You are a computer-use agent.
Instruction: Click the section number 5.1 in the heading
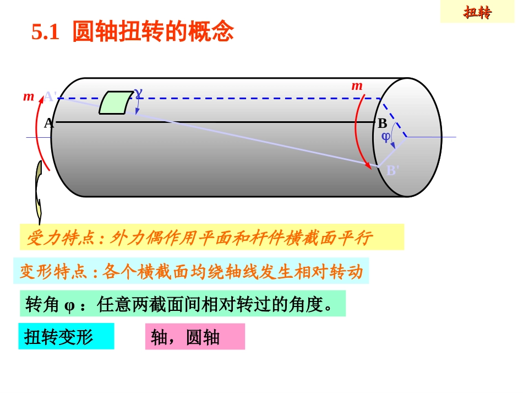click(45, 33)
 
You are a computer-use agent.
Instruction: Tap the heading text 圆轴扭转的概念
click(153, 32)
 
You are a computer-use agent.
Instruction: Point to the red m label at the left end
click(28, 97)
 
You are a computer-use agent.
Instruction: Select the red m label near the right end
click(357, 85)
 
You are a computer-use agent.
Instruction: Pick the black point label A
click(48, 122)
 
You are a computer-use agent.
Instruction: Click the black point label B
click(382, 124)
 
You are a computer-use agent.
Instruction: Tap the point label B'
click(393, 170)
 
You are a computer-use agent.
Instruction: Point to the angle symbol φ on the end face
click(386, 136)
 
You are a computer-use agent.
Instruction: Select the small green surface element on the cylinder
click(115, 103)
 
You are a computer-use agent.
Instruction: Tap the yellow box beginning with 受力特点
click(212, 237)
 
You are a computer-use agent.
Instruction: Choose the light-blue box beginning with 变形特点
click(191, 271)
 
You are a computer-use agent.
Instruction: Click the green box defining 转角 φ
click(182, 304)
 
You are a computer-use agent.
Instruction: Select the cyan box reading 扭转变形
click(66, 336)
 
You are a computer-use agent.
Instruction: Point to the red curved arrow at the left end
click(39, 135)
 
